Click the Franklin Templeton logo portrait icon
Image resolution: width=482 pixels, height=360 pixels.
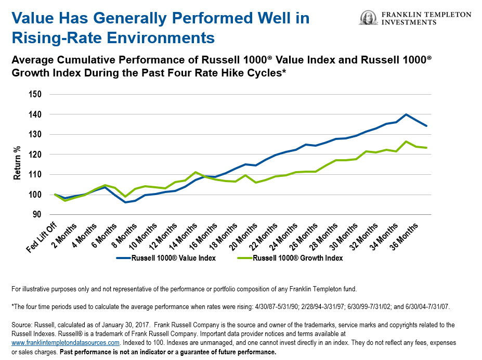click(368, 18)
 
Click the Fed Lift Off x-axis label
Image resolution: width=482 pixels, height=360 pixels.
click(42, 237)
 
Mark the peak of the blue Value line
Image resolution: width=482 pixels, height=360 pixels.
click(406, 114)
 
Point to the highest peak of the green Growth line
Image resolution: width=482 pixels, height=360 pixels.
click(406, 142)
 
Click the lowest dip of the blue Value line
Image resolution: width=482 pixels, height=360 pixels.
click(125, 202)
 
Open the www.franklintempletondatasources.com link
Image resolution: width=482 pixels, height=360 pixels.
click(66, 343)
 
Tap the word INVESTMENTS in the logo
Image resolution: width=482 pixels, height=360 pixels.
click(410, 23)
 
